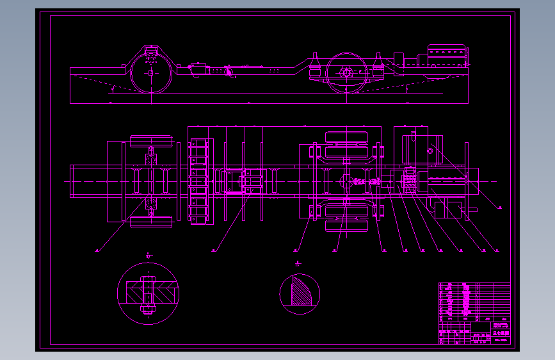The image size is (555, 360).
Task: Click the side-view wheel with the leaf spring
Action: point(346,73)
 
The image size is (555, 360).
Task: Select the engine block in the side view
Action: point(446,56)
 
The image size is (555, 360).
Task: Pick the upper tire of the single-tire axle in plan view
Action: point(152,141)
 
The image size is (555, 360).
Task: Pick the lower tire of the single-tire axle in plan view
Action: point(152,222)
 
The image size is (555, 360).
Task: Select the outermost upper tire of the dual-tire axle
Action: point(348,136)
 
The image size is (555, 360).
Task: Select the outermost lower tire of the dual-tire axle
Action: point(348,226)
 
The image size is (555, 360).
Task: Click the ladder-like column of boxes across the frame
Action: point(200,181)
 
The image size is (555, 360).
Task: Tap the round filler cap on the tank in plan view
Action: point(431,151)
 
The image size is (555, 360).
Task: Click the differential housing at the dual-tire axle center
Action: point(348,181)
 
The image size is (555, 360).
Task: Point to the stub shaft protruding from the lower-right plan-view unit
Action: point(473,210)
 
